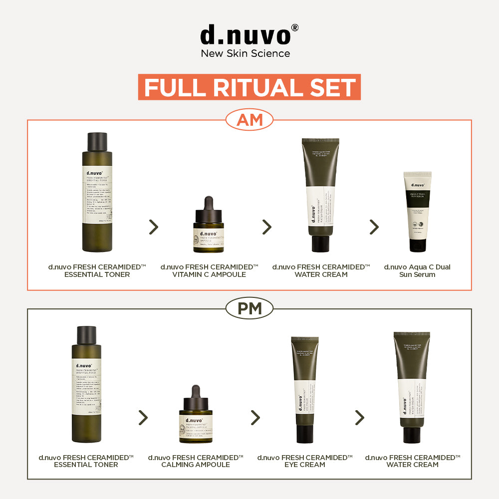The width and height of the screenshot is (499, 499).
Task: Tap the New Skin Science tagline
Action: (245, 53)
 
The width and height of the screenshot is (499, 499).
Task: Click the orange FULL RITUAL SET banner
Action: (249, 87)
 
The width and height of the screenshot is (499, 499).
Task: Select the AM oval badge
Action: (249, 120)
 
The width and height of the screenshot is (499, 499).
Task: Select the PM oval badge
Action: (249, 309)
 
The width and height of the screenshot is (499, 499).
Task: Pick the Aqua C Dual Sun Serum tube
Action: (417, 212)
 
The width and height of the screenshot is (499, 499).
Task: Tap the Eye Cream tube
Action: (305, 389)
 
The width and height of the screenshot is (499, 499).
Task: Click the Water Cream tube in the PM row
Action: (412, 387)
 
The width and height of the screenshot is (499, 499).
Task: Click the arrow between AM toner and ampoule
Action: (154, 227)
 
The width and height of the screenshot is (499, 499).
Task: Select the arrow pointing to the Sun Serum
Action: (374, 227)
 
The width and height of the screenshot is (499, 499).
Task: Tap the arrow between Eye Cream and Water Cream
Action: (359, 418)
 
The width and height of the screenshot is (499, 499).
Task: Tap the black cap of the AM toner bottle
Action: (97, 142)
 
